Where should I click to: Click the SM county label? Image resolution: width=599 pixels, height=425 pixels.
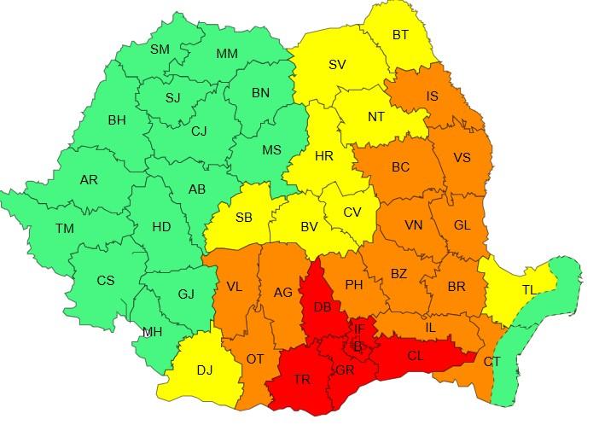(160, 49)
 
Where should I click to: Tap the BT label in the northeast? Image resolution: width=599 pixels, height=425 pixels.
(400, 35)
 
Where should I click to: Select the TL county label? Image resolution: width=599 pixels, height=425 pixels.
(529, 290)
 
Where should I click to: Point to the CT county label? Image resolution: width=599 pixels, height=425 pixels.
(492, 362)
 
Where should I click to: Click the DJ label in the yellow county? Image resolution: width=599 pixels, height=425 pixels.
(205, 370)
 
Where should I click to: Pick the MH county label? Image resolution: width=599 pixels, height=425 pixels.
(153, 332)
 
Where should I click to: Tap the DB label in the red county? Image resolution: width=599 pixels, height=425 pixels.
(323, 307)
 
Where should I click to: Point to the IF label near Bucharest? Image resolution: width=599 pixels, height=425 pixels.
(359, 329)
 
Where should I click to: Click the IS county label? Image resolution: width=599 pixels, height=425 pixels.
(433, 96)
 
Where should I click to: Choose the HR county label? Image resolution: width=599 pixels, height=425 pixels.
(324, 157)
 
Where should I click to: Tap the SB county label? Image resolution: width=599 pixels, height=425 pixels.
(243, 218)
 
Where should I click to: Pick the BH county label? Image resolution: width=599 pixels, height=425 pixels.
(117, 120)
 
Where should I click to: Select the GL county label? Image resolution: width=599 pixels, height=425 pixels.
(462, 225)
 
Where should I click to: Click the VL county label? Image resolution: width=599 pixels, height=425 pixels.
(234, 287)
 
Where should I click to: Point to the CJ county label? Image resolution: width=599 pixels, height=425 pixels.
(199, 131)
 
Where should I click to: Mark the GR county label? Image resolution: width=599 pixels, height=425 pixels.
(346, 370)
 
